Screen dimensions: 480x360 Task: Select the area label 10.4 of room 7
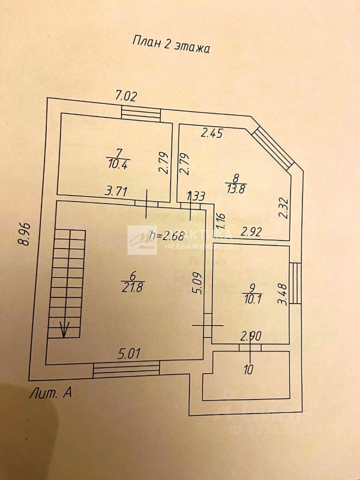[x=116, y=164]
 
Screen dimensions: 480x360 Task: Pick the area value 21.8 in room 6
[x=131, y=287]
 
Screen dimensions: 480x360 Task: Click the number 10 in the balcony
[x=249, y=370]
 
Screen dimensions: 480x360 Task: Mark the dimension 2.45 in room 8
[x=212, y=132]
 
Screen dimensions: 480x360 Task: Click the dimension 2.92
[x=252, y=231]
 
